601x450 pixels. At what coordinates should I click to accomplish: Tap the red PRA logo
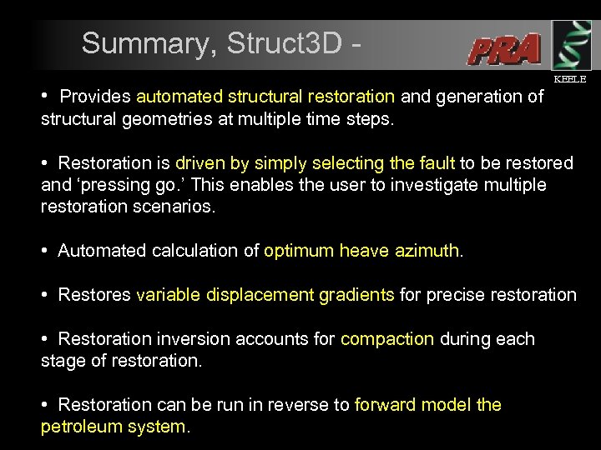504,50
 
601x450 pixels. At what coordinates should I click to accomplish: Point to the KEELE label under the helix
570,79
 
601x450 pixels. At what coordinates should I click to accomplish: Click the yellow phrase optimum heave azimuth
361,250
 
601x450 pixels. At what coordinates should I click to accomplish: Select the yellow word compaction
386,339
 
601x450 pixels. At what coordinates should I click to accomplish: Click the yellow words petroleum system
114,427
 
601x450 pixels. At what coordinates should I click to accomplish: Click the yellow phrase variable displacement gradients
265,294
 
